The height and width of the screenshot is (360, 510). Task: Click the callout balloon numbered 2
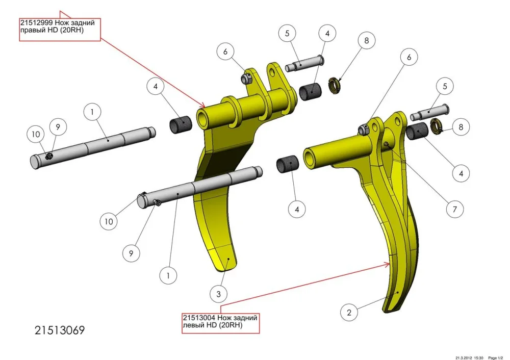point(349,313)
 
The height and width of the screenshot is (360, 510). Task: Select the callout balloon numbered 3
point(219,294)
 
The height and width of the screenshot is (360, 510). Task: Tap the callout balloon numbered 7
point(455,209)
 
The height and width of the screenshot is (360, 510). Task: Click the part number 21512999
point(37,23)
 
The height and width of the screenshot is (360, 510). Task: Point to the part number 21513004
point(199,318)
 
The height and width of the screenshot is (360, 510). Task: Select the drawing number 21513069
point(60,330)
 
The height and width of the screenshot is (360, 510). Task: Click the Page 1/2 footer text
point(495,358)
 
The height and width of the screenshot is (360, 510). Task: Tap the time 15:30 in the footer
point(478,358)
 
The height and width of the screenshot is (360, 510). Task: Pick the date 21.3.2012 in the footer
point(464,358)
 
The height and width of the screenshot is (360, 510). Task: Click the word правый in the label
point(31,31)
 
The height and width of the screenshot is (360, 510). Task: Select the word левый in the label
point(193,325)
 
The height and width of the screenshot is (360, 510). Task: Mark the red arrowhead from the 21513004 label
point(387,264)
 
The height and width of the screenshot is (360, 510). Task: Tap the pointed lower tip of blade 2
point(385,312)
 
